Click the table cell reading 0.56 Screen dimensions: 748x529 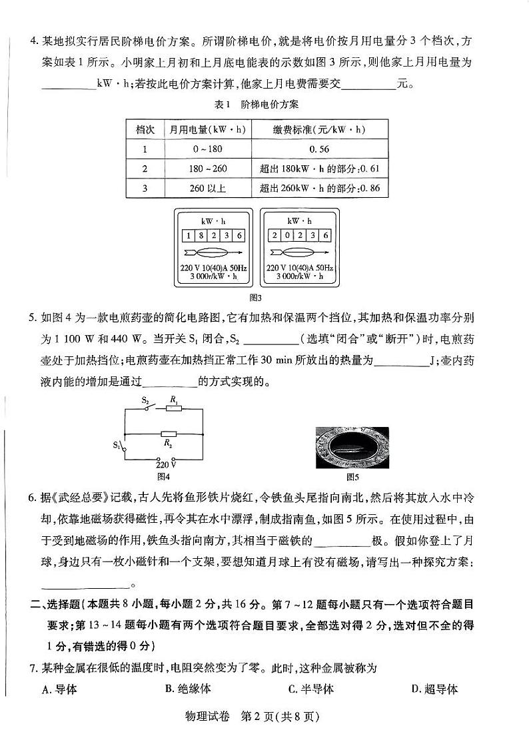pyautogui.click(x=319, y=149)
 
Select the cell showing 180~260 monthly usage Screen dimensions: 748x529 pyautogui.click(x=207, y=169)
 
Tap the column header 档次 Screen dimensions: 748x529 pyautogui.click(x=145, y=130)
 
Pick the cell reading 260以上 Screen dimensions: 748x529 pyautogui.click(x=207, y=188)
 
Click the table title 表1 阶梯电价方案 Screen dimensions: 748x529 pyautogui.click(x=256, y=105)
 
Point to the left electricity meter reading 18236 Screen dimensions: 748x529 pyautogui.click(x=213, y=236)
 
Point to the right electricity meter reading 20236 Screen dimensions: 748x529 pyautogui.click(x=299, y=236)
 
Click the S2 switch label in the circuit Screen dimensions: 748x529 pyautogui.click(x=145, y=400)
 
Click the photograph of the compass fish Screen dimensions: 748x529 pyautogui.click(x=352, y=447)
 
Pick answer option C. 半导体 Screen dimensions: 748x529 pyautogui.click(x=311, y=689)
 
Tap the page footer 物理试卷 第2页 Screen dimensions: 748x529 pyautogui.click(x=264, y=717)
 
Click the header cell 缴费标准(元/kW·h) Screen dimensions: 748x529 pyautogui.click(x=319, y=130)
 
